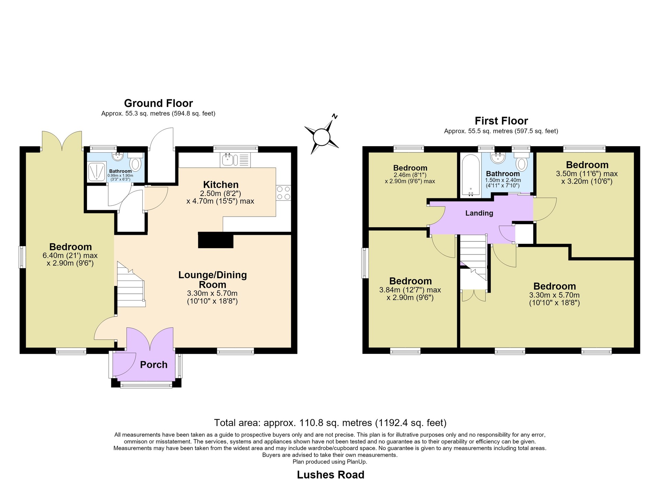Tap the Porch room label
(x=154, y=364)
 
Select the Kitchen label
(x=221, y=185)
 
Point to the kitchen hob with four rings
(x=283, y=193)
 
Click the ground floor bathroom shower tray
(x=98, y=171)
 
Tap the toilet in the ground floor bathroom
(x=135, y=162)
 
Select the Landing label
(x=479, y=213)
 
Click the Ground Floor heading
(x=158, y=103)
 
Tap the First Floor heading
(x=501, y=121)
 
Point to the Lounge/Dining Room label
(x=212, y=280)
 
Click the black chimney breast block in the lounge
(x=216, y=240)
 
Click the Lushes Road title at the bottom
(x=330, y=474)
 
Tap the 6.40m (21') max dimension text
(x=70, y=255)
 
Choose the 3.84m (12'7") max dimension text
(x=410, y=290)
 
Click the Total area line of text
(x=330, y=423)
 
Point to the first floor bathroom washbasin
(x=498, y=159)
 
